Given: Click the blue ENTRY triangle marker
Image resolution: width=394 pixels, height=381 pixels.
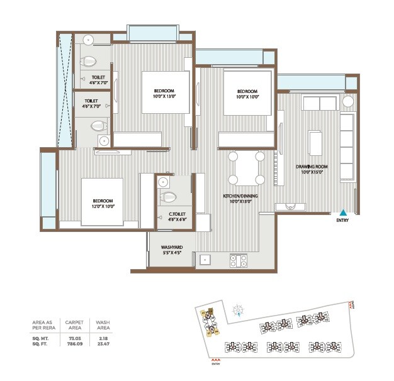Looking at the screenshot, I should click(343, 212).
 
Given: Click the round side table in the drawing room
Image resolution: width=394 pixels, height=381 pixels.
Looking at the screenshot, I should click(348, 101).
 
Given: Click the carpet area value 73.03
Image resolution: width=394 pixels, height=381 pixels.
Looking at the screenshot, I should click(74, 336).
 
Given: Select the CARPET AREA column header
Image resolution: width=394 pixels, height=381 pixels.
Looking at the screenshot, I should click(74, 324).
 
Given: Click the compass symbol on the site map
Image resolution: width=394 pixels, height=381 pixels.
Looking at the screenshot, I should click(238, 308).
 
